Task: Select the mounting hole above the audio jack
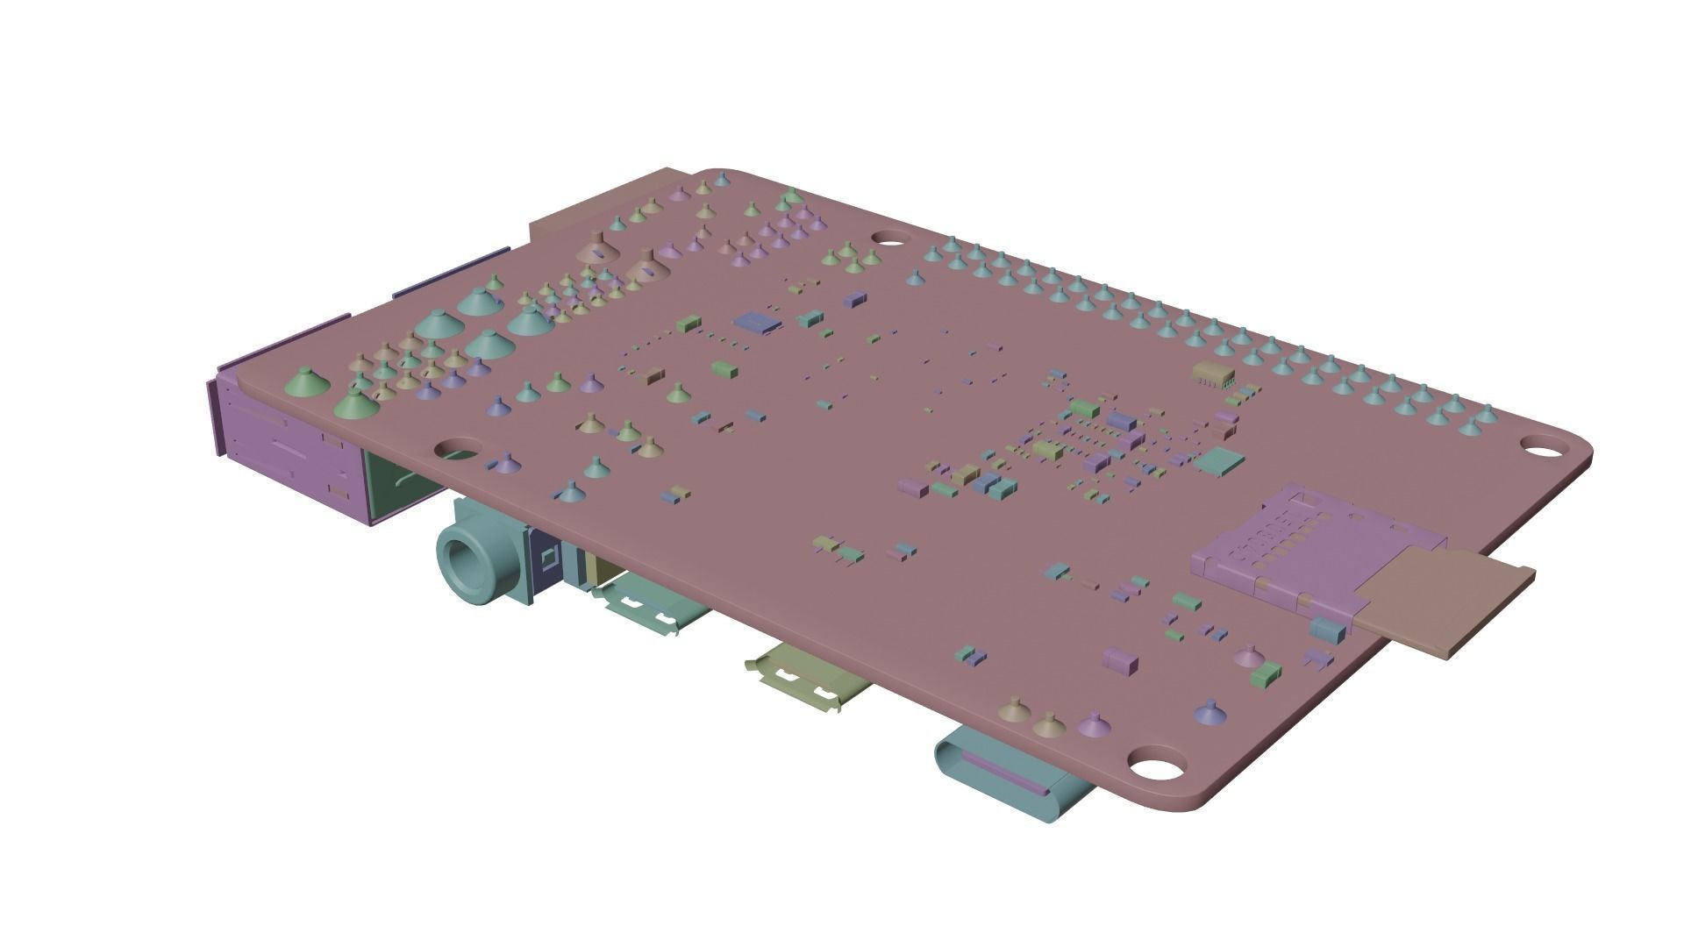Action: click(x=458, y=450)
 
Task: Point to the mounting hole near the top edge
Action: click(x=891, y=237)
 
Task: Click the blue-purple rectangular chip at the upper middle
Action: click(x=760, y=323)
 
